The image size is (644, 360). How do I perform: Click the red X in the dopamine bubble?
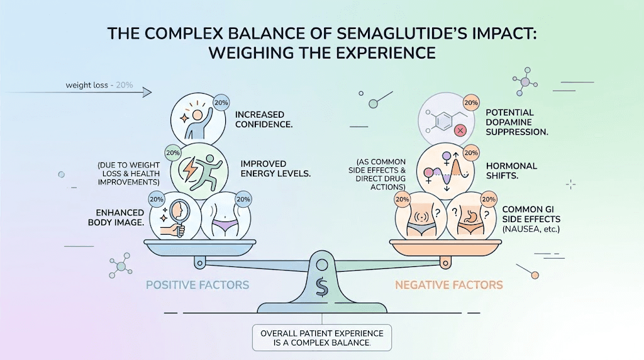(460, 130)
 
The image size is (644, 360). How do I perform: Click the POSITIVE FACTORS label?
(197, 285)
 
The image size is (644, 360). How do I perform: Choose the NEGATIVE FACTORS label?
(449, 285)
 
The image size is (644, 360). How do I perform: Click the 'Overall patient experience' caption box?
(321, 337)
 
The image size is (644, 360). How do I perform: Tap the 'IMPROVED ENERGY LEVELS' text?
(275, 168)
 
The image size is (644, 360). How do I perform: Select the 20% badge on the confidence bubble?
(221, 102)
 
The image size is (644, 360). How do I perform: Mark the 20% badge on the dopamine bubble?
(470, 102)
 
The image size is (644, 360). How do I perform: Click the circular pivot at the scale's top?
(322, 264)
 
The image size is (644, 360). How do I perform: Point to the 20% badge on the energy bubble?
(172, 152)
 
